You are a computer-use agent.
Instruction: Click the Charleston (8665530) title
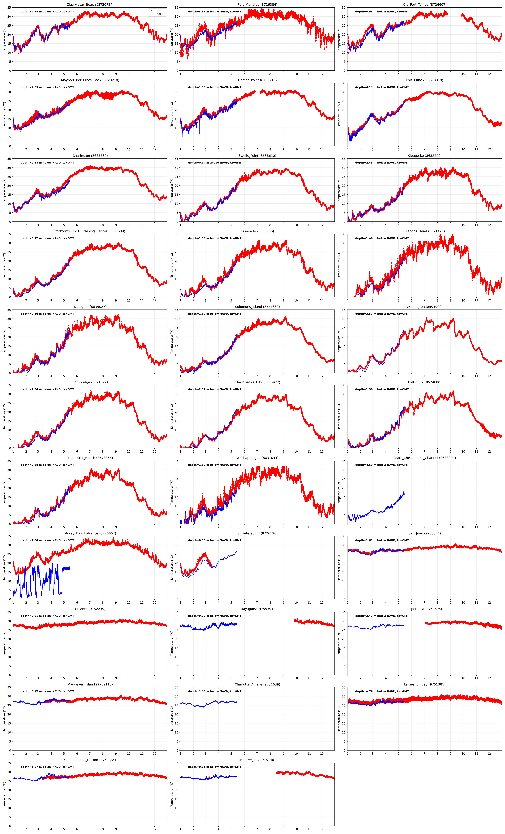(x=90, y=156)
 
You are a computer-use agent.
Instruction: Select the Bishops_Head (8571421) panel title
(x=425, y=231)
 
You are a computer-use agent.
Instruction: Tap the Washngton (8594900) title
(x=425, y=307)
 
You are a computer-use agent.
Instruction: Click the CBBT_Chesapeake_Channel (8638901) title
(x=425, y=458)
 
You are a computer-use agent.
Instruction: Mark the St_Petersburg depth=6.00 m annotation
(x=214, y=540)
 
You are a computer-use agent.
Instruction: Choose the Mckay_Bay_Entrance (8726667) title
(x=90, y=533)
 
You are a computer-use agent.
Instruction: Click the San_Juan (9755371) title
(x=425, y=533)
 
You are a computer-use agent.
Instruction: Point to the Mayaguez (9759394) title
(x=257, y=609)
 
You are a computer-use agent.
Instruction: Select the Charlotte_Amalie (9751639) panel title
(x=257, y=684)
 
